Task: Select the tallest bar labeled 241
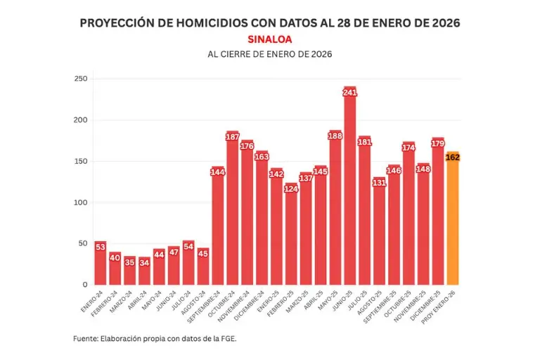click(350, 190)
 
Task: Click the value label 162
click(453, 157)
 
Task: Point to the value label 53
click(101, 247)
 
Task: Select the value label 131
click(380, 183)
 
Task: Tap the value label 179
click(438, 143)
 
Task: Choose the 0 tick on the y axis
click(84, 285)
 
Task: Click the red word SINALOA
click(270, 39)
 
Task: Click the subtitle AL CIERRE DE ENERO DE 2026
click(270, 54)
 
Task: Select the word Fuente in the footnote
click(86, 339)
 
